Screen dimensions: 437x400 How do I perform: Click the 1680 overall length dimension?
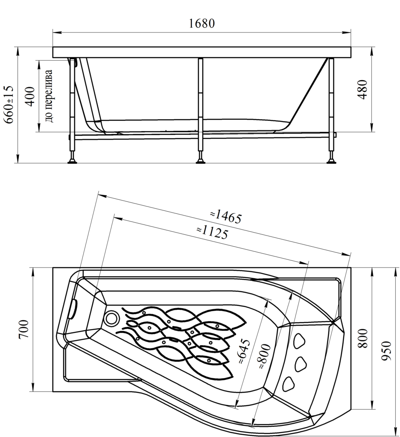click(x=201, y=24)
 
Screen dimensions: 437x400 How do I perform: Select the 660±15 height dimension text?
click(x=9, y=105)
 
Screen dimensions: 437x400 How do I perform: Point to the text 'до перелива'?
click(x=49, y=96)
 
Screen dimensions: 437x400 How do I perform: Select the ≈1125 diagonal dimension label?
click(x=212, y=232)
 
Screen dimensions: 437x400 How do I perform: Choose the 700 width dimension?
click(x=24, y=329)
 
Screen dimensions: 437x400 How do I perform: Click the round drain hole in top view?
click(x=112, y=318)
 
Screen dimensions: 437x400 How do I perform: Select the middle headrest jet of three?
click(x=301, y=363)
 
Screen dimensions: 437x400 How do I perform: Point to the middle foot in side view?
click(x=200, y=161)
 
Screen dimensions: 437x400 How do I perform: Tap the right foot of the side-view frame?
click(x=331, y=161)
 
